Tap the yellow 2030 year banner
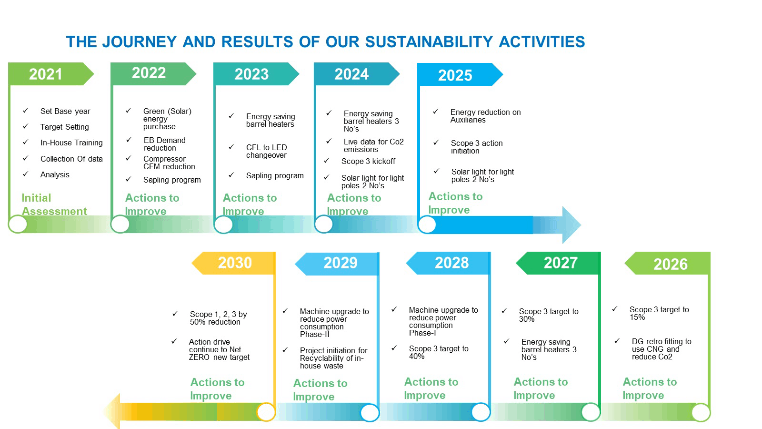(234, 263)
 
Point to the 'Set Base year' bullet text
(65, 111)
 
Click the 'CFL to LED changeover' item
(267, 151)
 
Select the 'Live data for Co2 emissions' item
(373, 145)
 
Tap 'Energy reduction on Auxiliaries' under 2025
(485, 116)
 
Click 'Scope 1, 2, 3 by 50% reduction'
(218, 318)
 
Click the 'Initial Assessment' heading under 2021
(53, 204)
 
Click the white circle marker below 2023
(223, 225)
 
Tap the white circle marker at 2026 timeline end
(701, 412)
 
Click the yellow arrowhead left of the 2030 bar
(112, 411)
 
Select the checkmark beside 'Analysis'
(26, 174)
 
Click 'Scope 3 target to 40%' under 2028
(438, 352)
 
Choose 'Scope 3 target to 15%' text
(658, 313)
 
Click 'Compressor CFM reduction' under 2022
(169, 163)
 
